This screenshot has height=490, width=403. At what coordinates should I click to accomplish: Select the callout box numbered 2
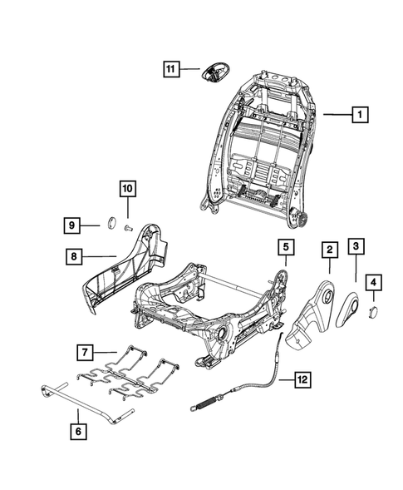(329, 249)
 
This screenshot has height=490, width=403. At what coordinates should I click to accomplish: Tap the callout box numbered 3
(355, 246)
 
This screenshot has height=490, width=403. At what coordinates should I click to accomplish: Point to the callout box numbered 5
(285, 246)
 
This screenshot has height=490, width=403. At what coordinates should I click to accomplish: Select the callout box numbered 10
(126, 190)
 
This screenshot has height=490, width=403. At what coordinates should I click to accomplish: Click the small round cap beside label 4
(373, 309)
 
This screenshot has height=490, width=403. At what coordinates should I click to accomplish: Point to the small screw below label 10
(127, 225)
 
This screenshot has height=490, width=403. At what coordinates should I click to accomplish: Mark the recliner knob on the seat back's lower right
(302, 219)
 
